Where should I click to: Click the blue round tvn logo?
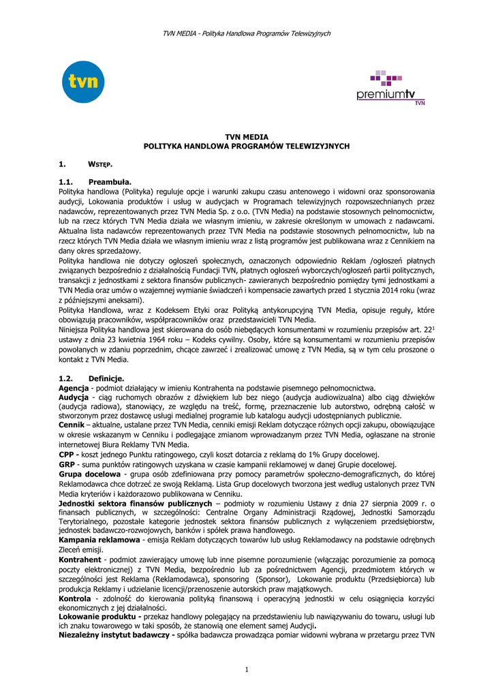pos(83,82)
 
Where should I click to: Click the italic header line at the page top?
pos(247,33)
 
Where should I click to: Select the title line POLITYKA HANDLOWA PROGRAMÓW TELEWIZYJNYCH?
pos(247,147)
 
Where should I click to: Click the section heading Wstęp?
pos(100,164)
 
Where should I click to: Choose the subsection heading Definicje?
pos(106,378)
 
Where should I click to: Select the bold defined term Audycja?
pos(74,396)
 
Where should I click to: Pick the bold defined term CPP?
pos(66,454)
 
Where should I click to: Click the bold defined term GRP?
pos(67,464)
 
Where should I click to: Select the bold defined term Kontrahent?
pos(81,560)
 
